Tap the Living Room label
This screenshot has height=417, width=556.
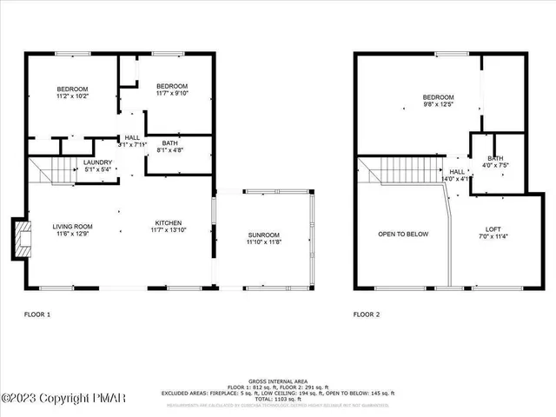73,228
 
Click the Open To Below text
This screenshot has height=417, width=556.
403,234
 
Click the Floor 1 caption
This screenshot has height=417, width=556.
36,314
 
